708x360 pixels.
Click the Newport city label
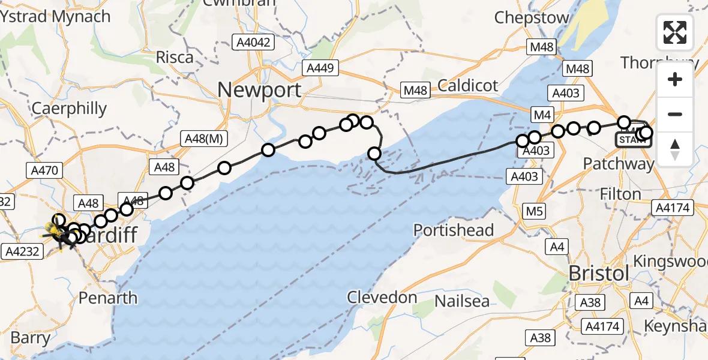click(x=259, y=90)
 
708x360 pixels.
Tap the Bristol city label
click(x=598, y=273)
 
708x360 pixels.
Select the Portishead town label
click(x=454, y=230)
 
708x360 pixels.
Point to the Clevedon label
click(x=382, y=298)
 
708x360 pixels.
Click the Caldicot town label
click(x=468, y=86)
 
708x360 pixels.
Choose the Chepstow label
click(x=532, y=18)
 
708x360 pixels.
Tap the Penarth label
click(x=108, y=298)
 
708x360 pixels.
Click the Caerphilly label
click(x=69, y=109)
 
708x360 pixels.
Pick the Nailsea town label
click(x=462, y=301)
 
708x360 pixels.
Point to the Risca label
click(x=175, y=58)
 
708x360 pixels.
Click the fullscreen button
click(x=675, y=32)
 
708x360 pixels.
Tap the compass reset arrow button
click(x=675, y=149)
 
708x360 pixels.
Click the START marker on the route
click(x=633, y=140)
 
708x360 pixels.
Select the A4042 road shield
click(x=254, y=42)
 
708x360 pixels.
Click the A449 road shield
click(x=321, y=68)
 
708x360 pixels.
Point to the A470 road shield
click(x=45, y=171)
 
